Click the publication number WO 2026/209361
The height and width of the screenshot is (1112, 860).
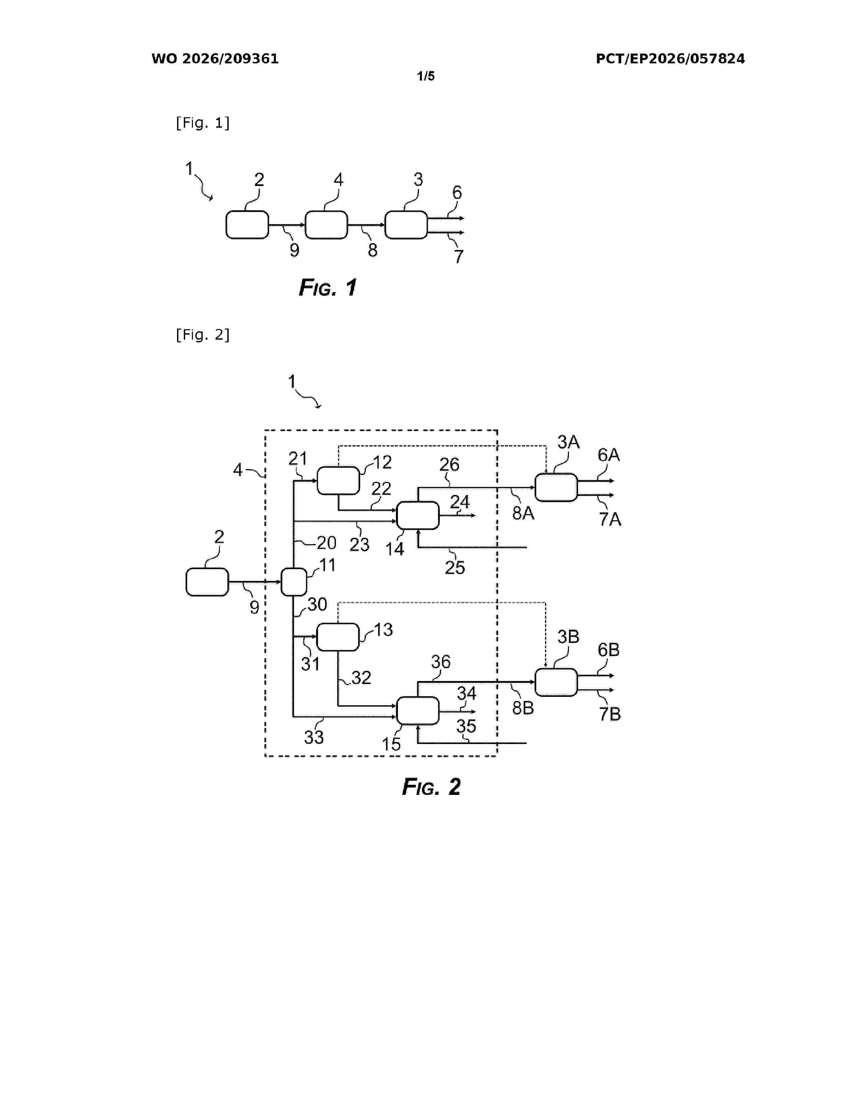point(215,59)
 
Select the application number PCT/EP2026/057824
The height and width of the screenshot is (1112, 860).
point(670,59)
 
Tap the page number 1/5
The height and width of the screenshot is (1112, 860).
point(426,76)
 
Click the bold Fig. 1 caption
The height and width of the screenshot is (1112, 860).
point(327,288)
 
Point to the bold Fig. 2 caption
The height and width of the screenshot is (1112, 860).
point(431,786)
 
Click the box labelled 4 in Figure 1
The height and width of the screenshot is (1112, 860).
point(326,224)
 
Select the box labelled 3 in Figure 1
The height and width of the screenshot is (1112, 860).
point(406,224)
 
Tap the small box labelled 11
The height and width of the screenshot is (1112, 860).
point(294,582)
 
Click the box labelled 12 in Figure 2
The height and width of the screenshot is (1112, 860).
point(338,481)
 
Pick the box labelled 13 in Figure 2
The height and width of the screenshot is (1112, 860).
point(338,637)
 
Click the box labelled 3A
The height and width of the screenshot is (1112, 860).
point(556,487)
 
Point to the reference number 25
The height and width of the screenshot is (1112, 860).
point(455,567)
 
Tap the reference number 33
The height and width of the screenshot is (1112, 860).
point(314,737)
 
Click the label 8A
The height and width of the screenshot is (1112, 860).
point(523,513)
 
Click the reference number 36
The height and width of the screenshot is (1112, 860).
point(441,661)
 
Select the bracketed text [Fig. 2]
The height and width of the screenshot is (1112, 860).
point(203,335)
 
